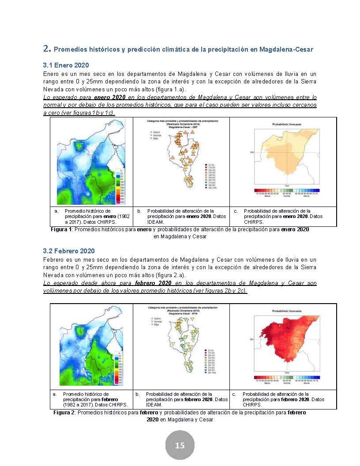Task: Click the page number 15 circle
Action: (180, 445)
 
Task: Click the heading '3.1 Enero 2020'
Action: (66, 65)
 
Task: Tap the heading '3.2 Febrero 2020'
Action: (69, 251)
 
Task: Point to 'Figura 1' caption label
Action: (61, 230)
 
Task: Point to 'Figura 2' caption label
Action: (64, 413)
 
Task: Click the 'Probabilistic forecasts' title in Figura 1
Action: (287, 125)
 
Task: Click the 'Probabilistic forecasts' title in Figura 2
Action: (287, 311)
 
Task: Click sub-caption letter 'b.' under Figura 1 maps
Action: (139, 211)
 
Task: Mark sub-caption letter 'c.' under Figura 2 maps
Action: (234, 394)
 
